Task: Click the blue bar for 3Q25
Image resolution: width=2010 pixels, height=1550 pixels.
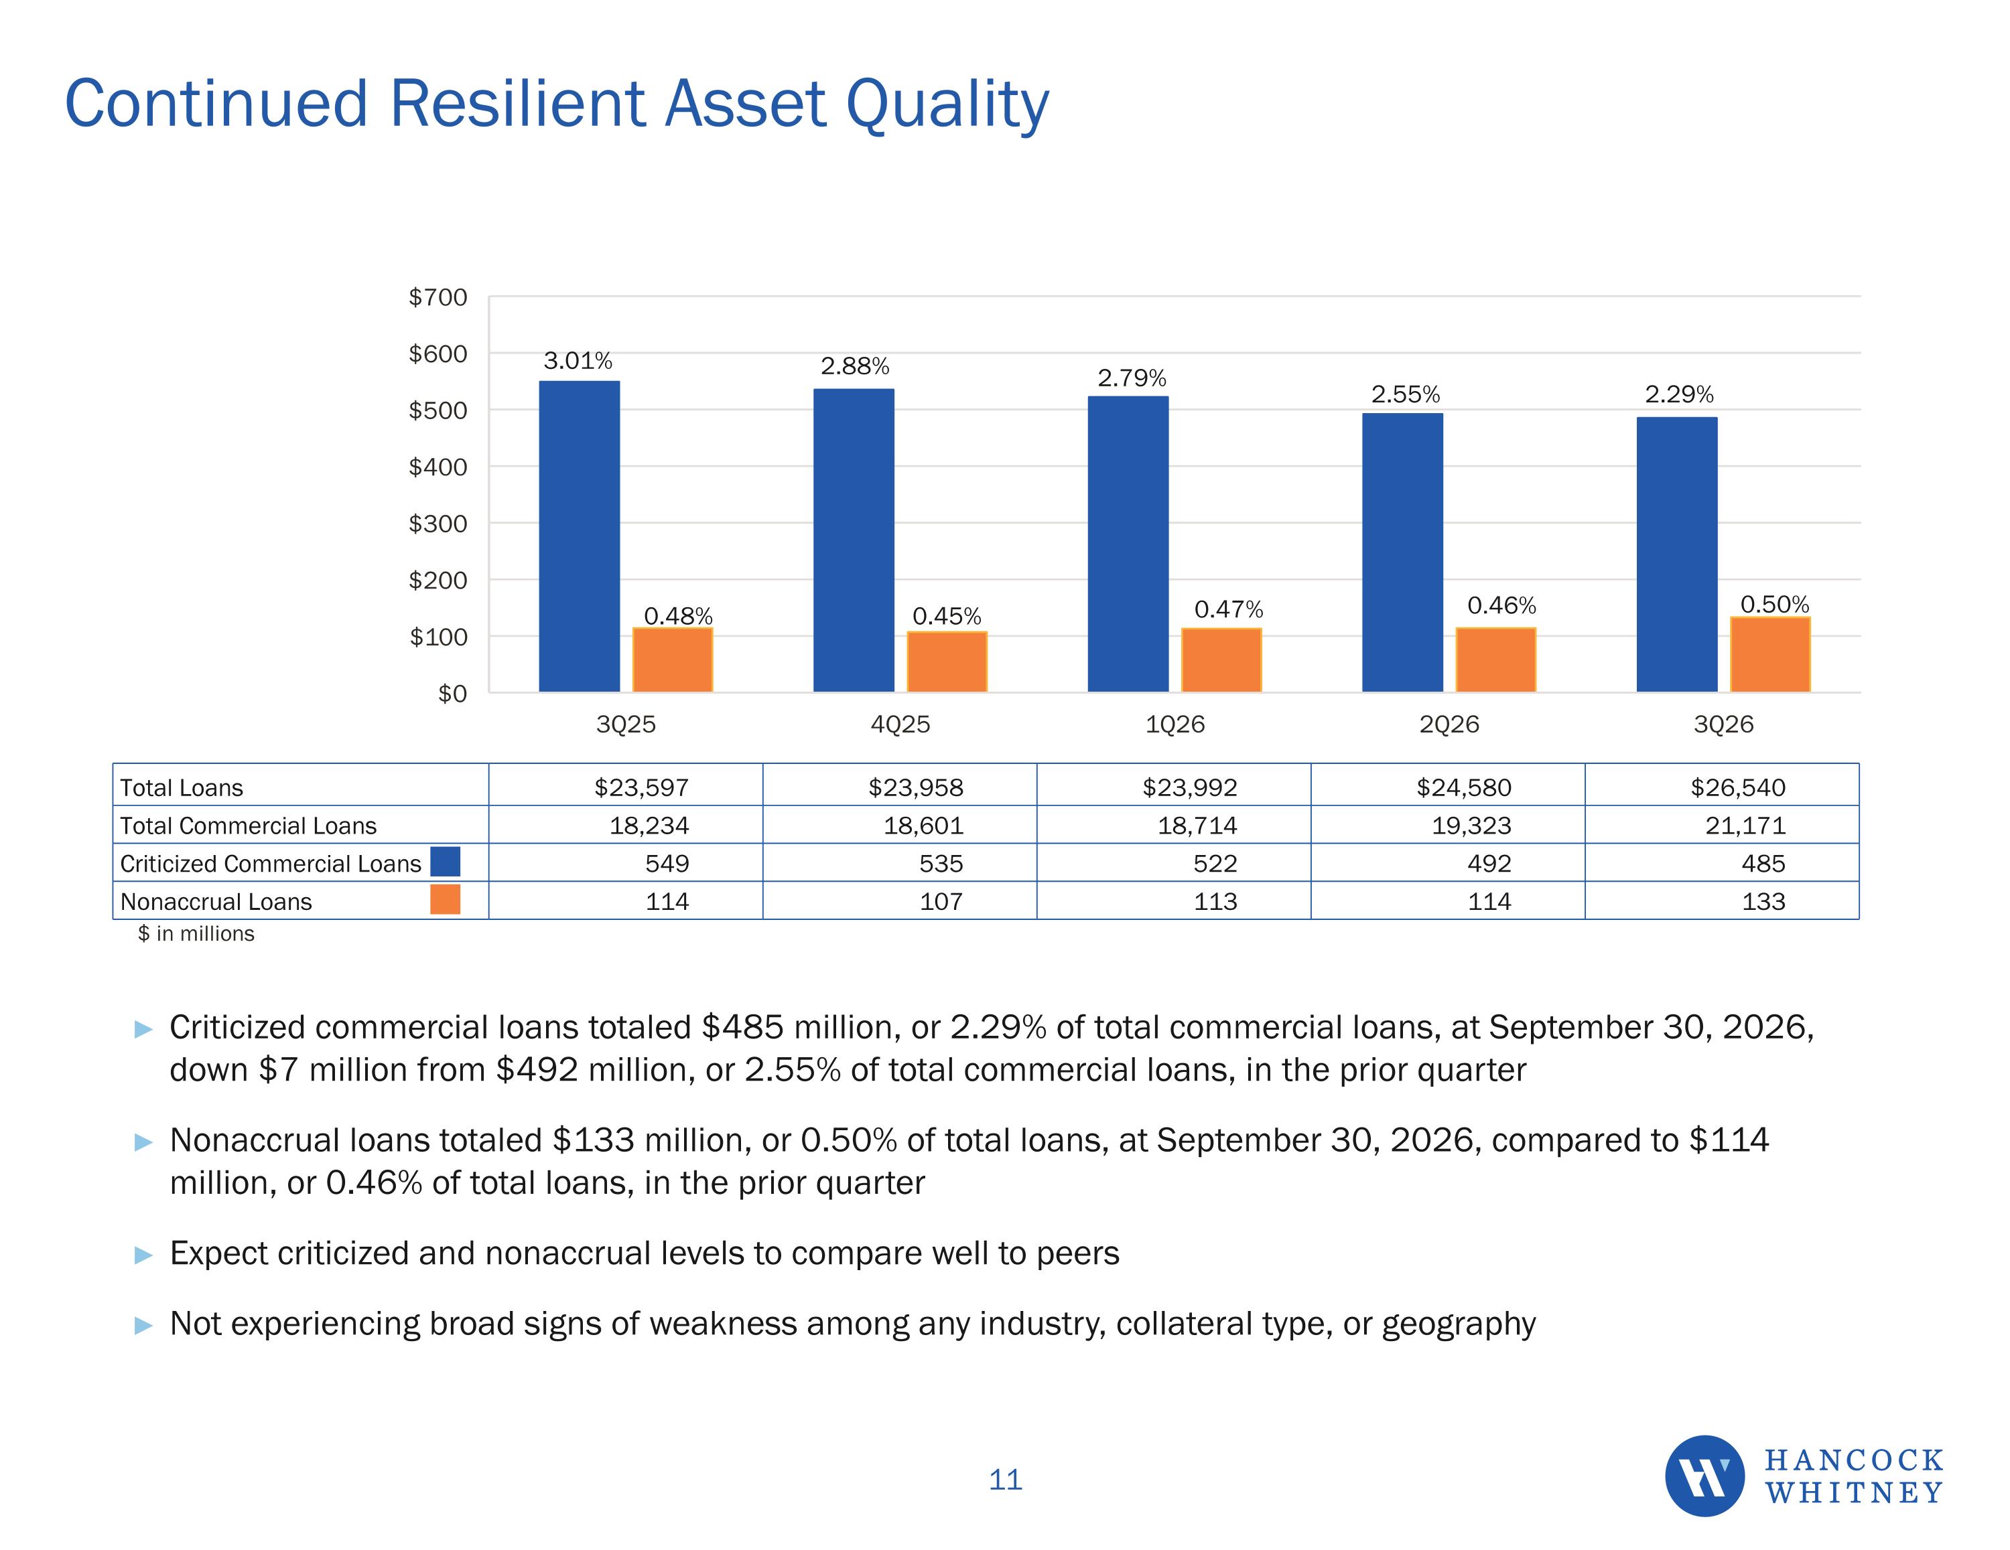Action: [x=579, y=536]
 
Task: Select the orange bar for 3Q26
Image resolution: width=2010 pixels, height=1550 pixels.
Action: [x=1769, y=654]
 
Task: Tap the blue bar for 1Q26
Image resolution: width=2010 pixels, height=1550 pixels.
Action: [x=1128, y=544]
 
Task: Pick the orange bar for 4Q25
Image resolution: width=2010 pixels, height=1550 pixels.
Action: [x=947, y=662]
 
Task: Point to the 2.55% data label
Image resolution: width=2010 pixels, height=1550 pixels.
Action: [x=1406, y=394]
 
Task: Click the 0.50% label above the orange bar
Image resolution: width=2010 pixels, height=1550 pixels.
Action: [x=1774, y=605]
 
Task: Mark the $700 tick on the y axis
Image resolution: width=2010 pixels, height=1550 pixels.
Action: [x=438, y=297]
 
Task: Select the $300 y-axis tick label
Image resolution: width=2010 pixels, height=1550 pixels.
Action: [x=438, y=524]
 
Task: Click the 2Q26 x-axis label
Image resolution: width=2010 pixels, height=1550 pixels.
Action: [x=1449, y=724]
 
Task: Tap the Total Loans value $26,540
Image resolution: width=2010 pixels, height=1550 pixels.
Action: [x=1737, y=787]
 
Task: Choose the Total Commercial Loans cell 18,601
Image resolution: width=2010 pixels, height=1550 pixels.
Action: [x=923, y=825]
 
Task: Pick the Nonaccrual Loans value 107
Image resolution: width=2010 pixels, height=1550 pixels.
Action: [x=941, y=901]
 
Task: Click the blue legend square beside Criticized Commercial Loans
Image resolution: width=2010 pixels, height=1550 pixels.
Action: [x=446, y=862]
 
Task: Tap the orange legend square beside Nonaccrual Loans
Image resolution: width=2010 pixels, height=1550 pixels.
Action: [x=446, y=900]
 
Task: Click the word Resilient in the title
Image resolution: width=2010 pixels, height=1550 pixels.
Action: [x=517, y=103]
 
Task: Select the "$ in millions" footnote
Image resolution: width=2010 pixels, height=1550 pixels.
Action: [x=196, y=933]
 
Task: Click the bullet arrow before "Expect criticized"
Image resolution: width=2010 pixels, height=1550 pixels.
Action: [x=143, y=1255]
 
